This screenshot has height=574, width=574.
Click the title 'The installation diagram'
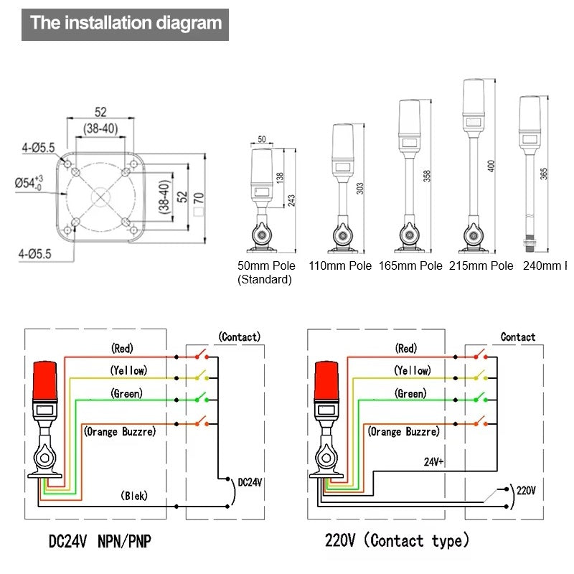coord(126,23)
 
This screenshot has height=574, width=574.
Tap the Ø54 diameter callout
coord(29,182)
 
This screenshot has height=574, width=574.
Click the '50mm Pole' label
coord(266,265)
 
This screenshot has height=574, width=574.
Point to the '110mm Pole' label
coord(340,265)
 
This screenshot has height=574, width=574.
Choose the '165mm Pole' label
coord(410,265)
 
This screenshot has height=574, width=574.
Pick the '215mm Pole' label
coord(481,265)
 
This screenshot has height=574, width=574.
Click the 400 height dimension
coord(491,166)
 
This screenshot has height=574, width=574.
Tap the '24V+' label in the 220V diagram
coord(433,463)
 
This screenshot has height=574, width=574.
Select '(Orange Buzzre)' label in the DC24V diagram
coord(120,432)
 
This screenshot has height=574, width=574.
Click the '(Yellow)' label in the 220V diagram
coord(412,371)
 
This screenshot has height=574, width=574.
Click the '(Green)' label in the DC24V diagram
coord(126,393)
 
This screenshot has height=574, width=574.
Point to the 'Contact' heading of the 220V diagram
coord(517,337)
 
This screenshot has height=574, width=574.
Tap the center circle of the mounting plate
coord(100,195)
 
